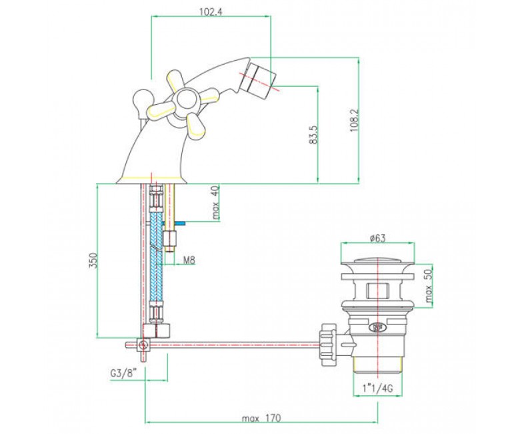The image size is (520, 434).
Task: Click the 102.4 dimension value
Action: (211, 12)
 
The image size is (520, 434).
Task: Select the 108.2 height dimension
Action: (355, 120)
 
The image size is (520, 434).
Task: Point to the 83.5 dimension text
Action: (313, 134)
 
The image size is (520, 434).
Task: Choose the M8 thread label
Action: (189, 260)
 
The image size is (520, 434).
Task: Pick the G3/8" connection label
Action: (124, 373)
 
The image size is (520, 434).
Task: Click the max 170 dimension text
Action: (261, 418)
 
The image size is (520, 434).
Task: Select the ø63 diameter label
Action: (378, 238)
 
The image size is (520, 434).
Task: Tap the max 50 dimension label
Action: (429, 286)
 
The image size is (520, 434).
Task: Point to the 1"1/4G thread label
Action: (378, 388)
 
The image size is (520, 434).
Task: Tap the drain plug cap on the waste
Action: (378, 260)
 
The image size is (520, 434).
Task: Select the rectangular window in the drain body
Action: (378, 290)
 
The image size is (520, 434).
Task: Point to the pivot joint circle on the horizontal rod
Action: (143, 345)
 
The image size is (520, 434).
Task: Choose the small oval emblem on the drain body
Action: (378, 327)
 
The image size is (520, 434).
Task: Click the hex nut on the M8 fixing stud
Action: (169, 238)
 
